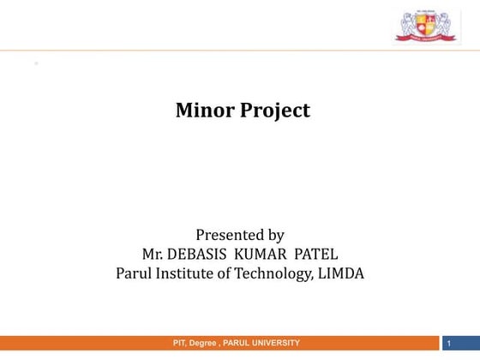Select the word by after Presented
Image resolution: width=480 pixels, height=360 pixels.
pyautogui.click(x=274, y=235)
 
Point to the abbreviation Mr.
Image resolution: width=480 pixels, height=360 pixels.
pyautogui.click(x=154, y=255)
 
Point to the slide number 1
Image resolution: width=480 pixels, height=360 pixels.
pyautogui.click(x=449, y=344)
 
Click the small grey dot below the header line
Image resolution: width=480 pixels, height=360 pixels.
pyautogui.click(x=36, y=63)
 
